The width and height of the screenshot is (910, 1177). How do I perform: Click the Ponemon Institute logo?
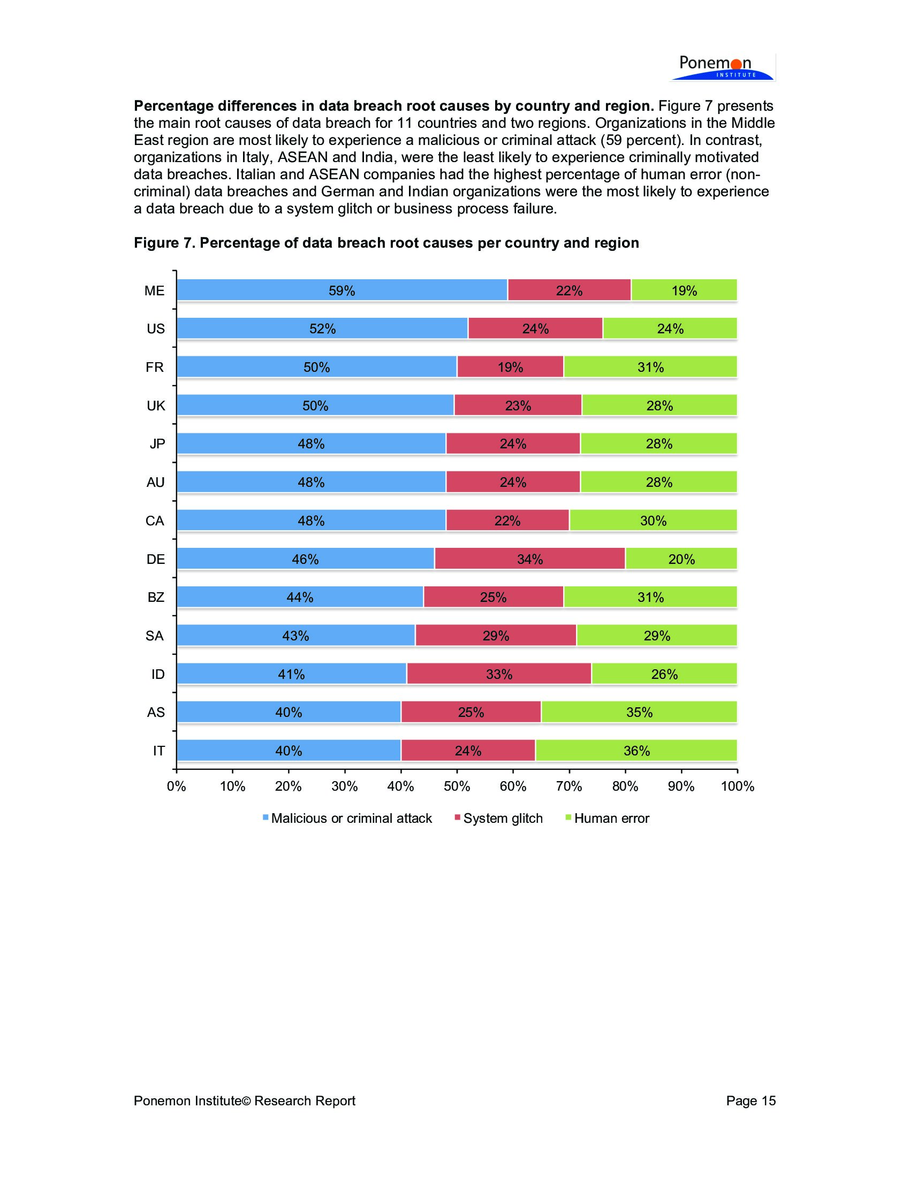point(722,67)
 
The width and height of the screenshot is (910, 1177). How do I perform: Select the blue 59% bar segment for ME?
point(342,291)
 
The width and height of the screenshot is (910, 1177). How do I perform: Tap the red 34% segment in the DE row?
point(529,559)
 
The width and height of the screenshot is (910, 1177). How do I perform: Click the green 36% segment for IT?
point(636,751)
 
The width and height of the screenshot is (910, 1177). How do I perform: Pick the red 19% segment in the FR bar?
point(510,367)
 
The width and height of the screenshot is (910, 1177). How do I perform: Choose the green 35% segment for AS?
point(639,713)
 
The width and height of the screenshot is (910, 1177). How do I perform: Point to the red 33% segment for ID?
point(499,674)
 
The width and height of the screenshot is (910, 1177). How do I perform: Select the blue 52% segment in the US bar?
point(322,328)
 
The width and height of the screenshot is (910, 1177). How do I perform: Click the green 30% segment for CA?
point(653,521)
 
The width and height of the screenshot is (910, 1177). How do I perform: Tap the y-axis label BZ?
point(155,597)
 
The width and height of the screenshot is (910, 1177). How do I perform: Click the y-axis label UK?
point(155,406)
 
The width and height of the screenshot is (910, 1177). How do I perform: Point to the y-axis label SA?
point(155,636)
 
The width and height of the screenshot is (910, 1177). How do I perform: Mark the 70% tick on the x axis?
point(568,786)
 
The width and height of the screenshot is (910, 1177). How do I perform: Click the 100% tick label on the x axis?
point(737,786)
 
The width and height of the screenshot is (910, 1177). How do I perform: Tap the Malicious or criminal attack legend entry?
point(351,818)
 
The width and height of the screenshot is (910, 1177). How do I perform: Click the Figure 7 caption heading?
point(386,243)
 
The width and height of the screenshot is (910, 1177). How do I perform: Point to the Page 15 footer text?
point(750,1100)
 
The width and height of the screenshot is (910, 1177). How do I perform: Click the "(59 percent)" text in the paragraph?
point(641,140)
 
